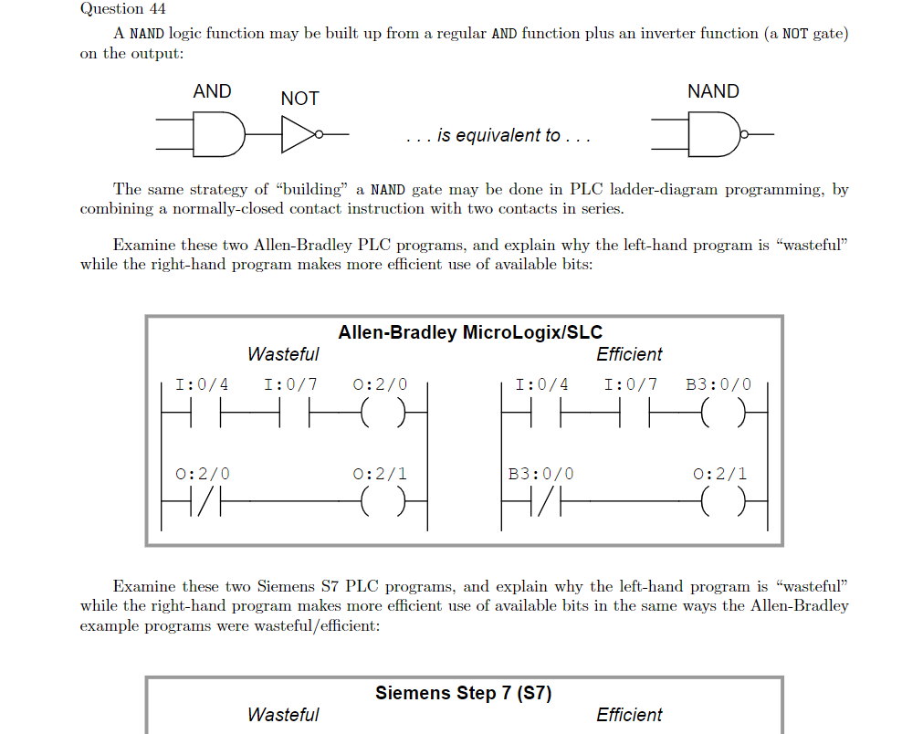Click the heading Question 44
pos(111,9)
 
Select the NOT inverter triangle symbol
pos(298,135)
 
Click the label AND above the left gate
pos(212,91)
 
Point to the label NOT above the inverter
pos(299,99)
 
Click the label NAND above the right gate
pos(713,91)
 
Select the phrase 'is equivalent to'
pos(498,136)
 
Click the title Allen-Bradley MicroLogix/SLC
pos(470,332)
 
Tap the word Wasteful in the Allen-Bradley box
pos(283,354)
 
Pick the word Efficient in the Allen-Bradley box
pos(629,354)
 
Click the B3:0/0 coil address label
pos(718,384)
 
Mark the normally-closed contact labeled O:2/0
pos(203,501)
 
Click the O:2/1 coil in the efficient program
pos(720,501)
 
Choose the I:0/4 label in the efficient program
pos(541,384)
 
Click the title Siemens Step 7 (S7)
pos(463,693)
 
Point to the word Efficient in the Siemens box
pos(629,715)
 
